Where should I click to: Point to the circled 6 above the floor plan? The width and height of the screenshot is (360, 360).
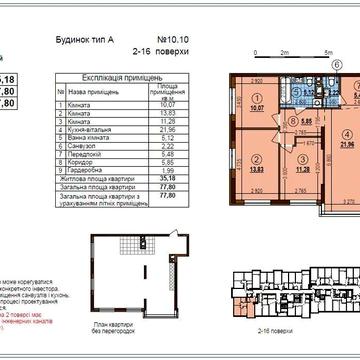[x=336, y=63]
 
